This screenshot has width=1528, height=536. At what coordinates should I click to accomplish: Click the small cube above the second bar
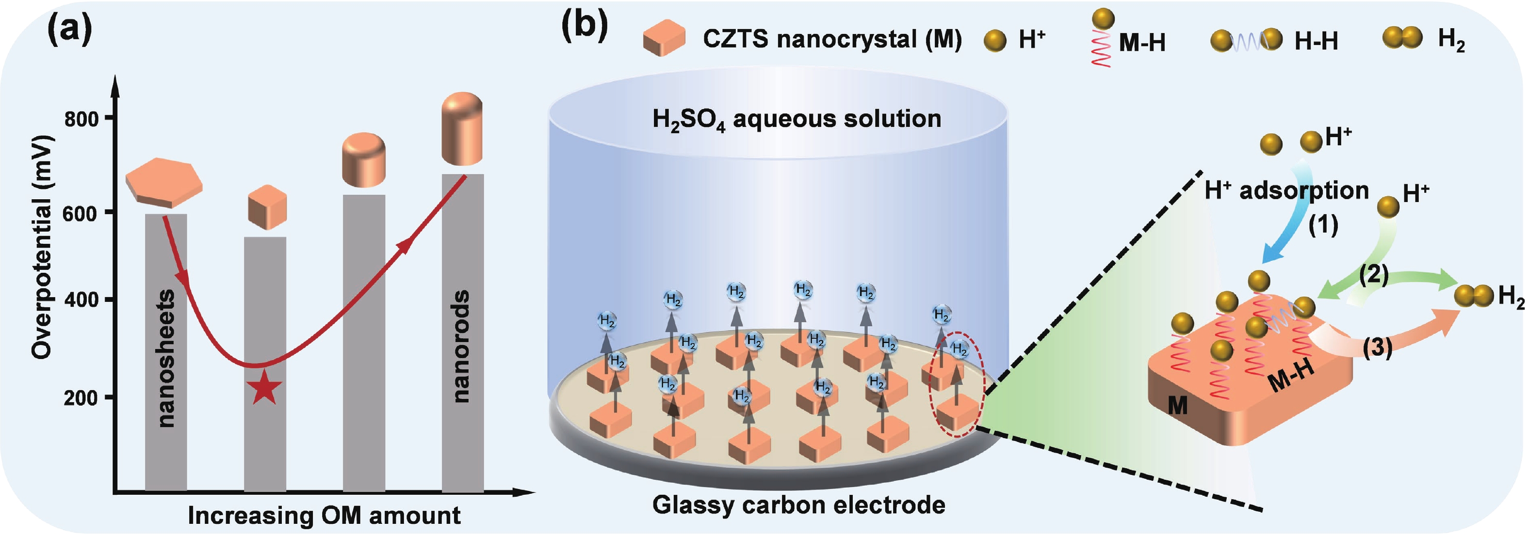click(x=266, y=207)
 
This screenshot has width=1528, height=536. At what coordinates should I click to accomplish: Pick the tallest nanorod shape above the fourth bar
click(x=462, y=128)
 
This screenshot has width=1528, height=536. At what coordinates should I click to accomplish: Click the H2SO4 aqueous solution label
click(x=796, y=119)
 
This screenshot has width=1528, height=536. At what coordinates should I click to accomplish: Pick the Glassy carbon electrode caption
click(x=798, y=505)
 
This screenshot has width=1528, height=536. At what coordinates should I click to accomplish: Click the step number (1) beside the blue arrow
click(x=1323, y=225)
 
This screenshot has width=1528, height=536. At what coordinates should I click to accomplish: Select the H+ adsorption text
click(x=1286, y=191)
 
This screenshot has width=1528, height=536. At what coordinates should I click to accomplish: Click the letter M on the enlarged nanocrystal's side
click(x=1177, y=406)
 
